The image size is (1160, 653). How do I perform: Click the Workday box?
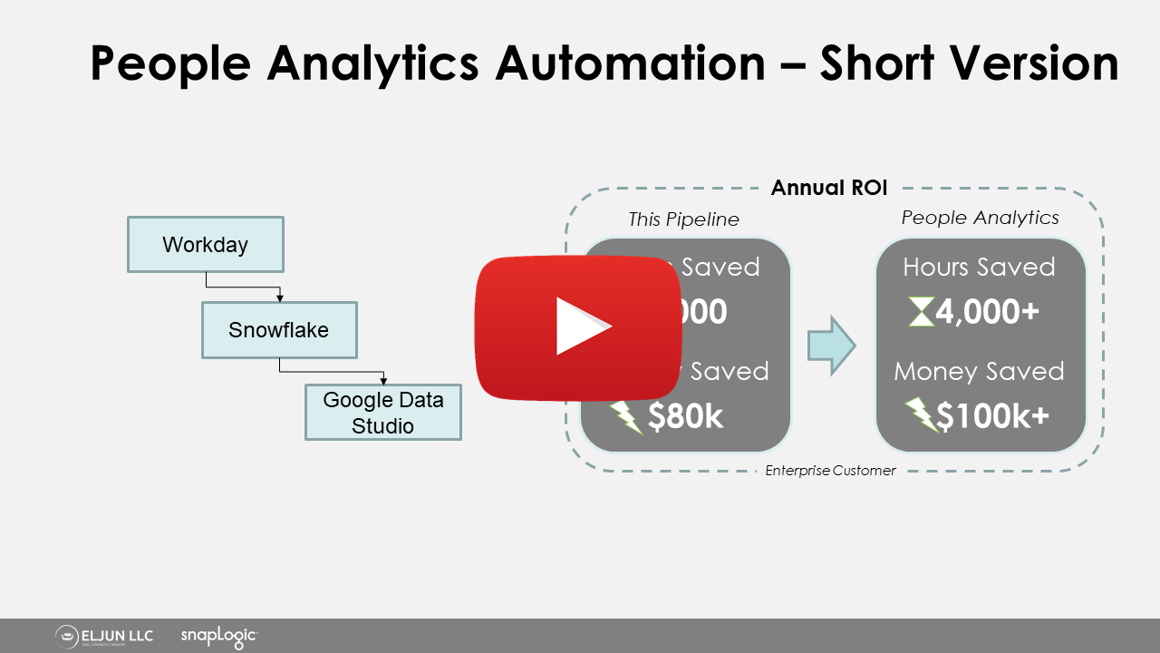pos(206,244)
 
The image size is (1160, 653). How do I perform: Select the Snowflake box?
pos(279,330)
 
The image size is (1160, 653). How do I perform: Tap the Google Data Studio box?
pos(383,413)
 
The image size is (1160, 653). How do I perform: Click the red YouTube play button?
pos(579,327)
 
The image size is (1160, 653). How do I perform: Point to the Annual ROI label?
pos(828,189)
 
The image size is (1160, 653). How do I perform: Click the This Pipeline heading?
pos(684,219)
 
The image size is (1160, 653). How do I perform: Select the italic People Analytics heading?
pos(980,218)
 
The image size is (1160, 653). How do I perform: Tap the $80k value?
pos(686,416)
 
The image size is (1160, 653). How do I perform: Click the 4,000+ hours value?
pos(987,313)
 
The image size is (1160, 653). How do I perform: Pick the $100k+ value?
pos(992,416)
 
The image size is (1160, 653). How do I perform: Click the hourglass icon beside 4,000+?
pos(921,313)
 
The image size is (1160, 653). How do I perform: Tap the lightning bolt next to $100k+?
pos(922,416)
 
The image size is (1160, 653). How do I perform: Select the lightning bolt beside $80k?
pos(625,416)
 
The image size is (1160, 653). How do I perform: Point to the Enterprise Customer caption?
pos(830,471)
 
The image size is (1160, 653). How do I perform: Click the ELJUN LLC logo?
pos(104,637)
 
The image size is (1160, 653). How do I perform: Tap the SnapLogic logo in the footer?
pos(219,637)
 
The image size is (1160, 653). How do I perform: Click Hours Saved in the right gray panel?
pos(979,267)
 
